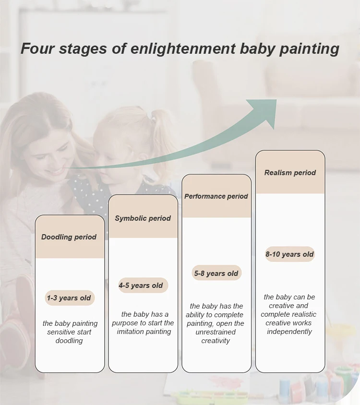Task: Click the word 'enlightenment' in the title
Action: tap(183, 48)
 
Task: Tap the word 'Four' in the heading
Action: tap(38, 48)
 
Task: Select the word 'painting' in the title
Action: tap(309, 49)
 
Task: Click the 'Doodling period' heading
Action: tap(69, 237)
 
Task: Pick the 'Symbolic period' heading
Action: tap(143, 218)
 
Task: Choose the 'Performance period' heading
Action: tap(216, 196)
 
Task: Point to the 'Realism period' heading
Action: tap(290, 173)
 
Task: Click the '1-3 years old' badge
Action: tap(70, 298)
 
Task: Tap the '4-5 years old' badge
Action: tap(143, 286)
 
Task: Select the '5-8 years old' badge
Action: tap(216, 273)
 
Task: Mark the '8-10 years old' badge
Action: tap(290, 254)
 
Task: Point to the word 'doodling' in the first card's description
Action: tap(69, 341)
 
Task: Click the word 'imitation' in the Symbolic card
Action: tap(132, 332)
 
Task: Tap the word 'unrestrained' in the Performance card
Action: tap(216, 332)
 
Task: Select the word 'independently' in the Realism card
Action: tap(289, 332)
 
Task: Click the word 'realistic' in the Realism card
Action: tap(303, 314)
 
